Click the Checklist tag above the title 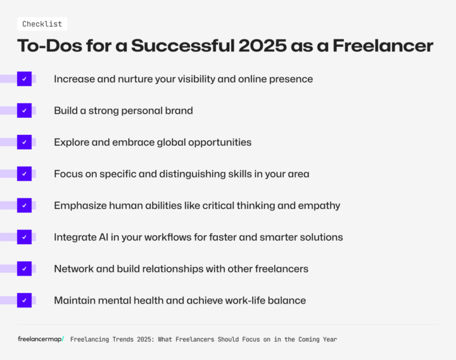pos(42,24)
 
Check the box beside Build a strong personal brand pos(24,110)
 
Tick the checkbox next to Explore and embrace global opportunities pos(24,142)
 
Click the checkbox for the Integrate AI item pos(24,237)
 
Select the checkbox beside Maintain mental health pos(24,300)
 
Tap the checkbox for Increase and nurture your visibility pos(24,79)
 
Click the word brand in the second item pos(179,111)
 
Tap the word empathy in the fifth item pos(319,206)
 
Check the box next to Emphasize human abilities pos(24,205)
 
